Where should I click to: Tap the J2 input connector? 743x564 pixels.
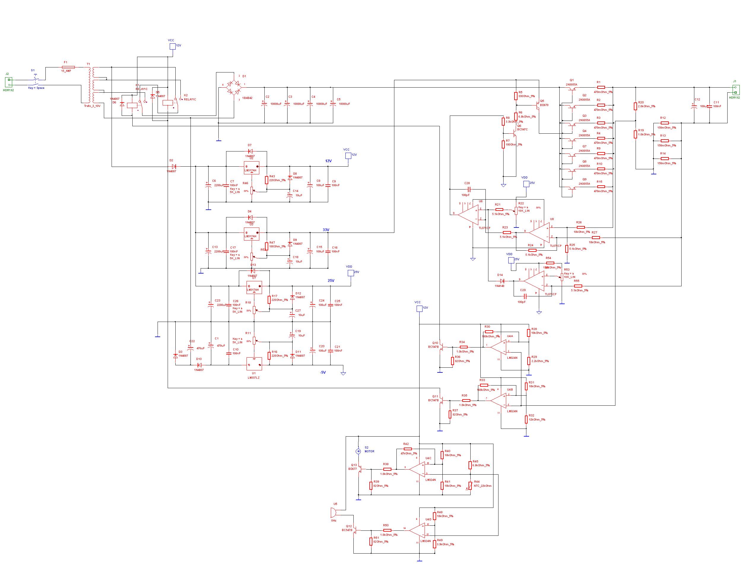point(9,82)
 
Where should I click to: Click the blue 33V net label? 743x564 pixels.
point(326,230)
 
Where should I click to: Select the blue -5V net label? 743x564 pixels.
point(323,372)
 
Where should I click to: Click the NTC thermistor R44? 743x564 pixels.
point(470,486)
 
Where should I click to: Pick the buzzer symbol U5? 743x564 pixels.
point(333,513)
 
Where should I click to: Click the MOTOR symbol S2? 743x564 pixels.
point(358,451)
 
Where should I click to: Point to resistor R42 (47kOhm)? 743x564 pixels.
point(407,449)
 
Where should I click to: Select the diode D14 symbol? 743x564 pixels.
point(502,280)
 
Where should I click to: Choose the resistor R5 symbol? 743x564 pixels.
point(516,96)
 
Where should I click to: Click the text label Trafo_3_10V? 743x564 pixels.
point(92,106)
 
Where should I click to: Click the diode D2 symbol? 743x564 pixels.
point(174,166)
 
